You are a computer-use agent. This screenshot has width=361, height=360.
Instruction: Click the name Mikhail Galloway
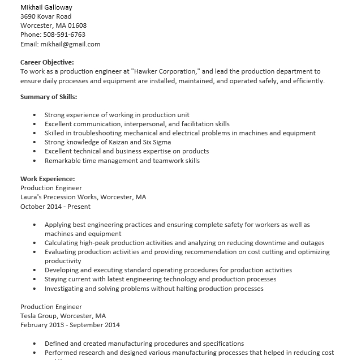coord(46,7)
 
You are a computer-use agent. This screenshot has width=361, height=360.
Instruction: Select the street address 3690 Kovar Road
coord(46,16)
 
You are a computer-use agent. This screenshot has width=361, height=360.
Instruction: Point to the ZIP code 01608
coord(76,25)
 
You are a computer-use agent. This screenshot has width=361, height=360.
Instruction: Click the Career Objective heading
coord(47,62)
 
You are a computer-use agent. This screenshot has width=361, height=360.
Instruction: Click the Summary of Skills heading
coord(49,97)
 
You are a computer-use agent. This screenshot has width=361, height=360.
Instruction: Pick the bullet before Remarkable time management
coord(35,161)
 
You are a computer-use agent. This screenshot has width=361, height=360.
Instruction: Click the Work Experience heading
coord(48,179)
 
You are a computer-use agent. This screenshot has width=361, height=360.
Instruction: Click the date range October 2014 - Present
coord(55,207)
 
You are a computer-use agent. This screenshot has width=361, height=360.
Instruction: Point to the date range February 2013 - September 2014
coord(70,325)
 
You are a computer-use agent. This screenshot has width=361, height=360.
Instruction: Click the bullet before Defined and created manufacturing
coord(35,344)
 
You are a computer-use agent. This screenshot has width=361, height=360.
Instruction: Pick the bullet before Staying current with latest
coord(35,280)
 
